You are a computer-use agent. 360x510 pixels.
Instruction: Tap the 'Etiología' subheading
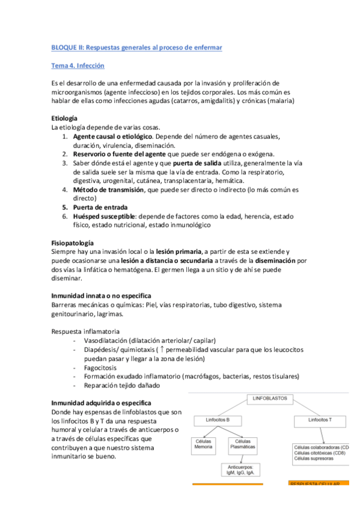[x=64, y=119]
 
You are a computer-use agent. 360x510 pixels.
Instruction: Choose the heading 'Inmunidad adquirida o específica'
[x=102, y=402]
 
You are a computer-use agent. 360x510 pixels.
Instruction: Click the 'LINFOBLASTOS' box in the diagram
[x=272, y=398]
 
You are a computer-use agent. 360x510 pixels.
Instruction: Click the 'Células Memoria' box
[x=204, y=444]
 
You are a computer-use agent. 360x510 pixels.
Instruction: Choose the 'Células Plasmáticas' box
[x=242, y=444]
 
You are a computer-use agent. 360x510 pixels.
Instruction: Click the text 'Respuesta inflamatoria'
[x=85, y=331]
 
